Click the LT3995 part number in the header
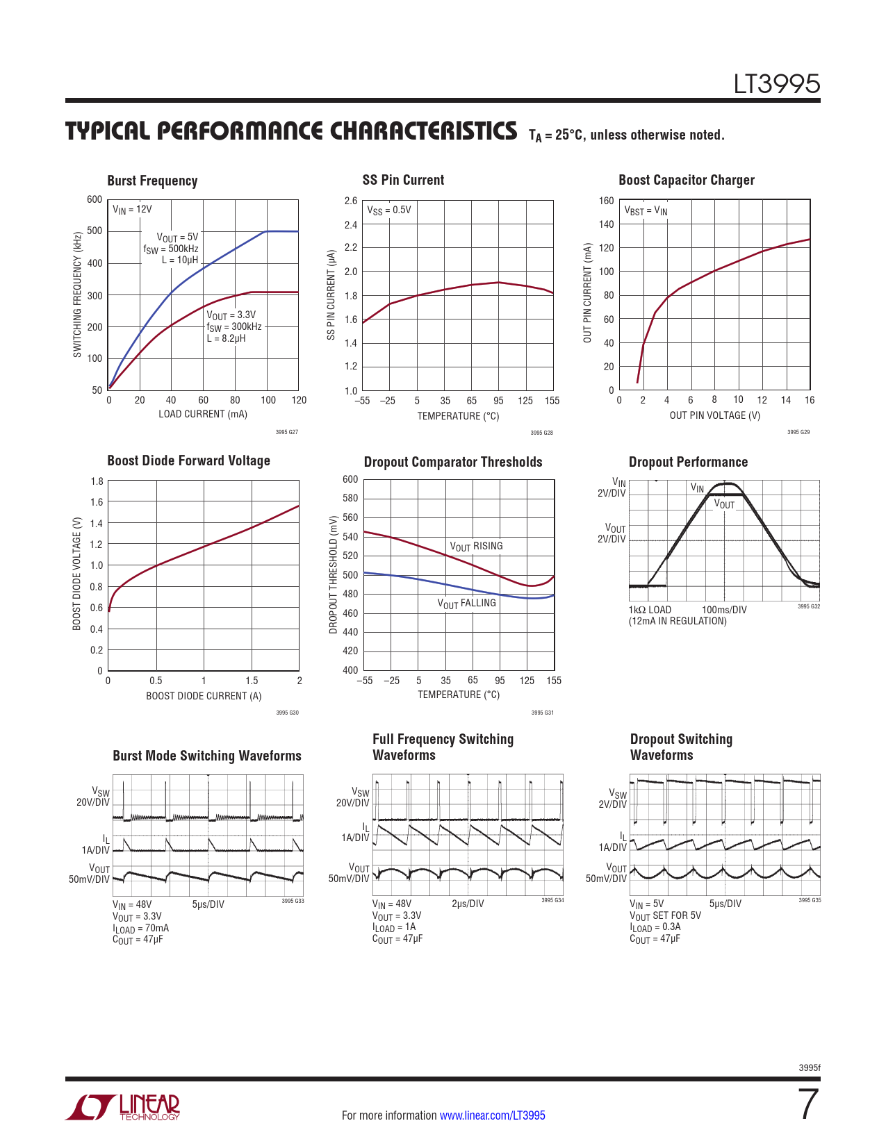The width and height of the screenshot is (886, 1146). click(777, 84)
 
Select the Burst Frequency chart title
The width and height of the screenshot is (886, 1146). click(152, 181)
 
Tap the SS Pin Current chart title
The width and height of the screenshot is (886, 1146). click(403, 180)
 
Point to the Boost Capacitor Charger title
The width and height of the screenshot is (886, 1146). click(686, 180)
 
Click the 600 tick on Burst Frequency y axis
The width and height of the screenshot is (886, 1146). click(95, 199)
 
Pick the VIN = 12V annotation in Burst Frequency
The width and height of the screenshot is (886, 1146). click(132, 209)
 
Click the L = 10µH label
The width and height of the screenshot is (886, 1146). click(179, 260)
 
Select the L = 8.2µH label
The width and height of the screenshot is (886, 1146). click(226, 338)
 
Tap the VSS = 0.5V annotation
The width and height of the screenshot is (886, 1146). click(388, 210)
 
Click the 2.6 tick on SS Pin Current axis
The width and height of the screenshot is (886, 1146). click(351, 201)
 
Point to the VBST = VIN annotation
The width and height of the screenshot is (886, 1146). click(646, 210)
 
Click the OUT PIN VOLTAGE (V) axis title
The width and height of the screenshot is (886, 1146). click(714, 415)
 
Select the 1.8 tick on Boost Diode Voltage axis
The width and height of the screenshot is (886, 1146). click(97, 481)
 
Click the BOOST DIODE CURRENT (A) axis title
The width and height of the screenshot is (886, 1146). click(204, 696)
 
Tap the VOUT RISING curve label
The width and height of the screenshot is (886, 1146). click(476, 547)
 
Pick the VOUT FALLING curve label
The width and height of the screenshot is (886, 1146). click(466, 604)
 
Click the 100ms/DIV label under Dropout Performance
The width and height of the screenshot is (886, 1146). click(724, 610)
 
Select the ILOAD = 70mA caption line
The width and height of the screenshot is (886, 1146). click(140, 929)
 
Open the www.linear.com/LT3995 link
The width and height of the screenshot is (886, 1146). click(492, 1115)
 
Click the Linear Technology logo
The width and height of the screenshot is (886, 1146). click(123, 1107)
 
